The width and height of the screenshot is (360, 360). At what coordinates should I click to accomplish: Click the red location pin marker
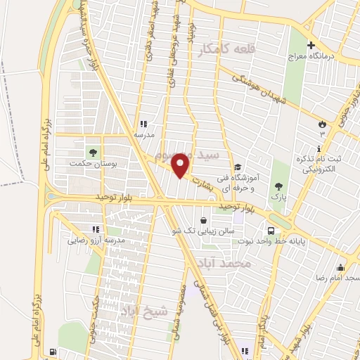(x=181, y=165)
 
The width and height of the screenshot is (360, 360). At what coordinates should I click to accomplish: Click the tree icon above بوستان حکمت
(x=92, y=152)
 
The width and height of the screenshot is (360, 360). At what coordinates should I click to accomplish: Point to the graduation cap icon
(x=239, y=167)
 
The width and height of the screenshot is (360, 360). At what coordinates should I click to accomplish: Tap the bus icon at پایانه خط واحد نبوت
(x=271, y=230)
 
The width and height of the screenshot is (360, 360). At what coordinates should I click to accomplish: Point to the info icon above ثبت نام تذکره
(x=320, y=148)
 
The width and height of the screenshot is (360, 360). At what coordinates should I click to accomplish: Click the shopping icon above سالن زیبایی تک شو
(x=203, y=219)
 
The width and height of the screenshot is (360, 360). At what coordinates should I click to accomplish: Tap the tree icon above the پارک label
(x=280, y=186)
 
